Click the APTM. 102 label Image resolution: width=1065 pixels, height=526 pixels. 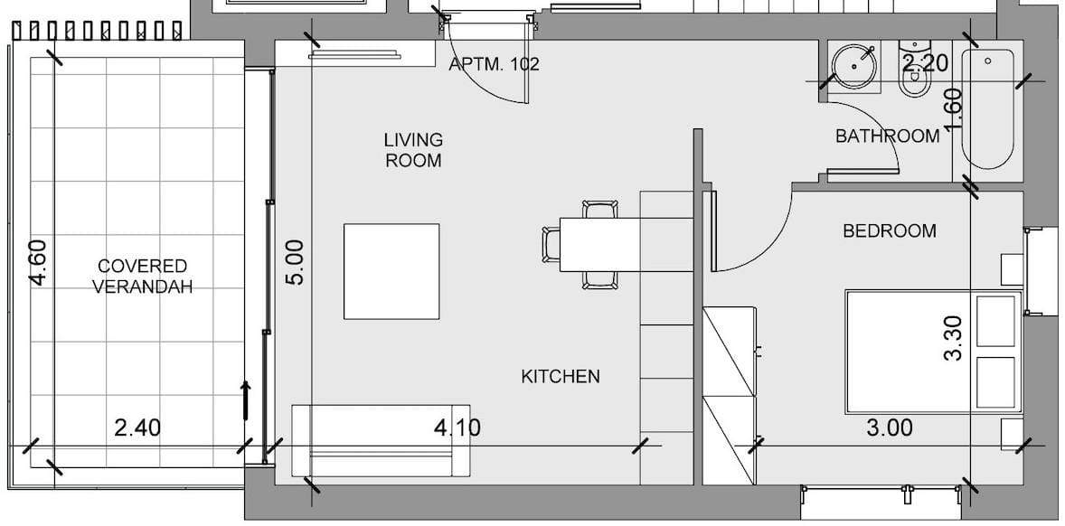pos(495,64)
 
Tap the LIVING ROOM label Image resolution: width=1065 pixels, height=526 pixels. pos(414,150)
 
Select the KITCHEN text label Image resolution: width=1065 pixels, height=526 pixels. pos(561,376)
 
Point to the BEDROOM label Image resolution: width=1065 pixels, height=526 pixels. pos(890,230)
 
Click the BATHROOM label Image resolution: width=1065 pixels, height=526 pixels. pos(888,136)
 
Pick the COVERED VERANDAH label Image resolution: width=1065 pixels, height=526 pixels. pos(142,277)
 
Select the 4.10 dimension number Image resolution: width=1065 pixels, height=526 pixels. pos(457,427)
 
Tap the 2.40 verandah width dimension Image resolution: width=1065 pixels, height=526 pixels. pos(138,427)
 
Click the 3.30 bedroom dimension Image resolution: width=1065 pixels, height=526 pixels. pos(954,338)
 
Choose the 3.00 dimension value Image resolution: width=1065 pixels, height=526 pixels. pos(890,427)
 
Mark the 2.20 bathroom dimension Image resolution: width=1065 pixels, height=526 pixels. pos(924,63)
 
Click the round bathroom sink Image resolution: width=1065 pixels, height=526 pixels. pos(854,66)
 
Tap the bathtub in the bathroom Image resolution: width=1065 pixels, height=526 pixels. pos(987,108)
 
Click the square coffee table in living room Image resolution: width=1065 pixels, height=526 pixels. pos(391,271)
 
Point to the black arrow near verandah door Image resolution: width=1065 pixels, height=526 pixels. pos(246,400)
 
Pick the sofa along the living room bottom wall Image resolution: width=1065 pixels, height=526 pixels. pos(381,440)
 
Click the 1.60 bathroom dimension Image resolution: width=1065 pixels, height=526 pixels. pos(954,111)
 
